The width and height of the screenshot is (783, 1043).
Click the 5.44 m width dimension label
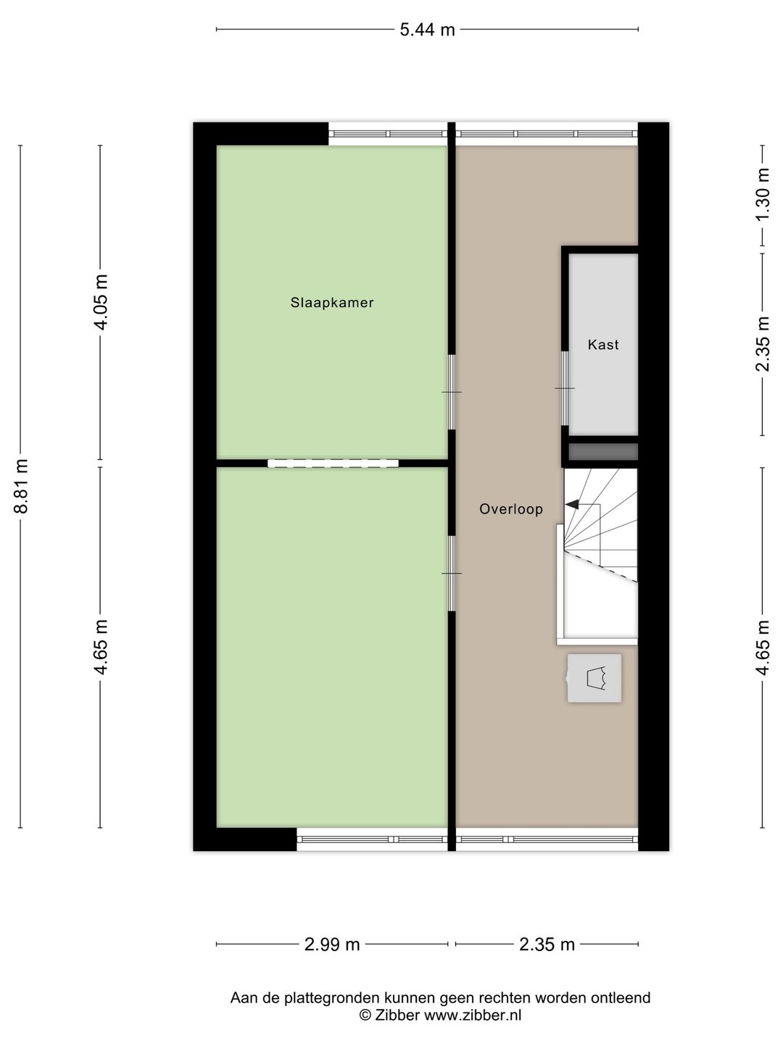[x=427, y=30]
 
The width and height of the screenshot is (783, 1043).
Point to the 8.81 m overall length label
[x=22, y=486]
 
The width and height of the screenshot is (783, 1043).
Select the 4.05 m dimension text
[x=101, y=302]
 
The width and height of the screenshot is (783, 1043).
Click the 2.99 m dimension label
[x=332, y=944]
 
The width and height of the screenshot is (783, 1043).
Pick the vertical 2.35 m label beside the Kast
[x=762, y=344]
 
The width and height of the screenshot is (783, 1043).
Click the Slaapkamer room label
[x=332, y=303]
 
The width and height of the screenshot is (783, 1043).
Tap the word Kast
[x=603, y=345]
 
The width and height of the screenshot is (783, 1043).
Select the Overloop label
[x=511, y=509]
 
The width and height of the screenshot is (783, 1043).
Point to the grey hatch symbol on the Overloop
[x=594, y=678]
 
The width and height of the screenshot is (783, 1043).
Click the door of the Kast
[x=565, y=389]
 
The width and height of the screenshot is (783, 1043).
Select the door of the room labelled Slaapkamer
[x=452, y=392]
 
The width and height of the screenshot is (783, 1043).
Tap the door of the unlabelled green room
[x=452, y=574]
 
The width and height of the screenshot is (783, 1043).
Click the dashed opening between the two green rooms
[x=333, y=464]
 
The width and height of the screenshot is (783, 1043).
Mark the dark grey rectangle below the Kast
[x=603, y=452]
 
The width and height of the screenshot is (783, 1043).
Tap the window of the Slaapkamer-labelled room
[x=388, y=134]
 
